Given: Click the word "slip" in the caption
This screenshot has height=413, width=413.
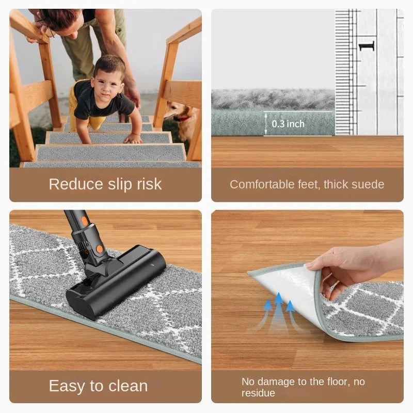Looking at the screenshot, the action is pyautogui.click(x=120, y=184).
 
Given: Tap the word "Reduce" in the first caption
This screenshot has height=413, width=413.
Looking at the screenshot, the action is pyautogui.click(x=76, y=184).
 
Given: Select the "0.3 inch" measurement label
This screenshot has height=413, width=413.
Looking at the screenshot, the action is pyautogui.click(x=288, y=124).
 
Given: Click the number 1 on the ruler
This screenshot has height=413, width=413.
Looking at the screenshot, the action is pyautogui.click(x=367, y=46).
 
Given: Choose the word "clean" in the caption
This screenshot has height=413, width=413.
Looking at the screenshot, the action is pyautogui.click(x=128, y=386).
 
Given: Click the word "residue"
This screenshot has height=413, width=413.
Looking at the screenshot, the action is pyautogui.click(x=258, y=393).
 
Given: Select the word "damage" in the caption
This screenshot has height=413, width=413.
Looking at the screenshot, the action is pyautogui.click(x=276, y=382).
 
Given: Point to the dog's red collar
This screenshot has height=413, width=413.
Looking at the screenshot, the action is pyautogui.click(x=183, y=118).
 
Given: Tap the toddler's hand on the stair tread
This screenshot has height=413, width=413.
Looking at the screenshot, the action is pyautogui.click(x=134, y=138).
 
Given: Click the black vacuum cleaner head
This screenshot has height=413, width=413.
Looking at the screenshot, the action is pyautogui.click(x=116, y=282).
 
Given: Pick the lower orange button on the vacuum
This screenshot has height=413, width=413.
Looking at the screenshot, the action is pyautogui.click(x=99, y=249).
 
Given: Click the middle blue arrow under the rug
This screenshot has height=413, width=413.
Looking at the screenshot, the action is pyautogui.click(x=278, y=310).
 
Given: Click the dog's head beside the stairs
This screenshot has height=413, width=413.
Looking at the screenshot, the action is pyautogui.click(x=175, y=110).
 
